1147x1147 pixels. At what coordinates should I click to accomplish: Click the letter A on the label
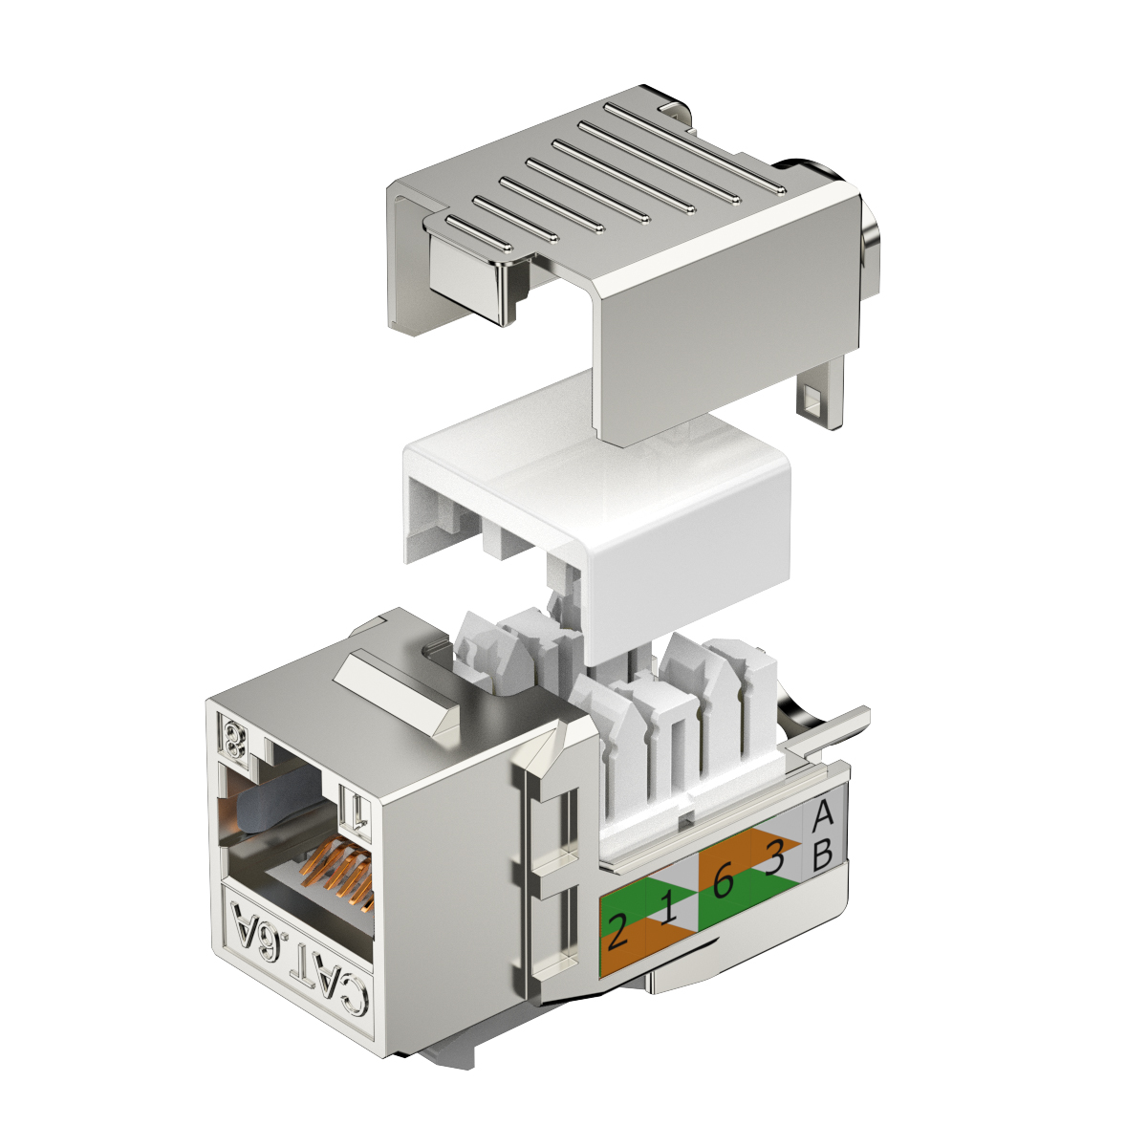tap(822, 814)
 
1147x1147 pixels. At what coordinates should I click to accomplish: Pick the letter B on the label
tap(822, 855)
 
